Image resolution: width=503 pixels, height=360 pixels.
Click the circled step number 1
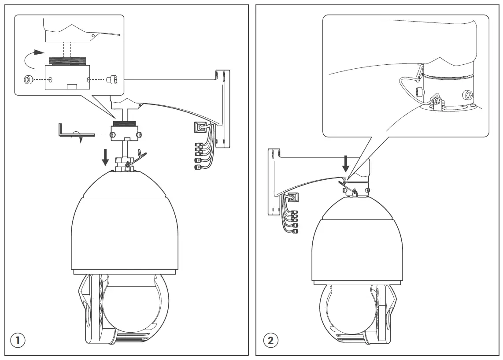pos(18,340)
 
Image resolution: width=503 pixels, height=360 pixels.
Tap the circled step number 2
pos(270,340)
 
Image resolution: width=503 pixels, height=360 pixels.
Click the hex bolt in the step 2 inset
pos(467,94)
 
